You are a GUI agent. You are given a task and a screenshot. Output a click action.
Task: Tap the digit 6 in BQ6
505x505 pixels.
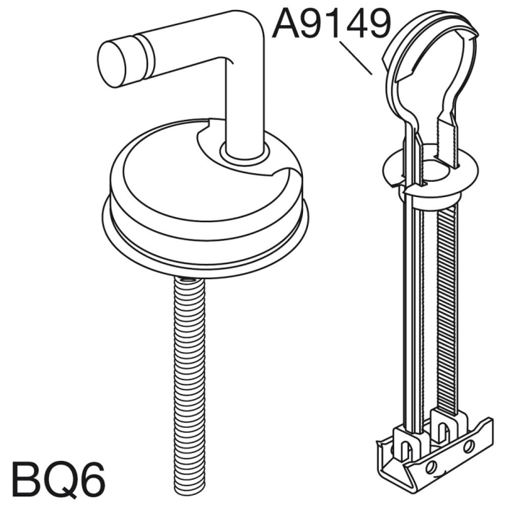click(x=89, y=478)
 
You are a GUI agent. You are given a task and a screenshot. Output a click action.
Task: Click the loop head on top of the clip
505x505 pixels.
click(x=429, y=65)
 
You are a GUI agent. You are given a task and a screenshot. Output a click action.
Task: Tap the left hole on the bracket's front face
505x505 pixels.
click(x=432, y=467)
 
